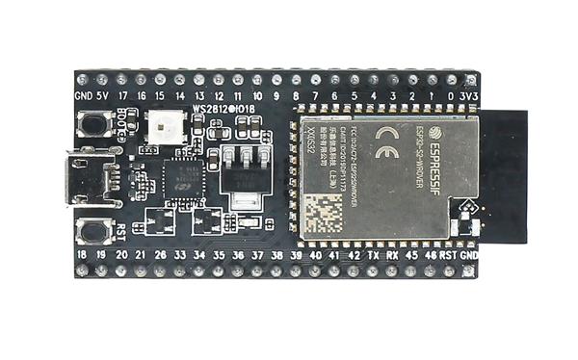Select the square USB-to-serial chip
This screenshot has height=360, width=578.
coord(180,179)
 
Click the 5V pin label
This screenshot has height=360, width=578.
coord(102,96)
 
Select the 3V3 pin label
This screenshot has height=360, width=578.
coord(469,96)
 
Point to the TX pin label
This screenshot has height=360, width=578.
coord(374,257)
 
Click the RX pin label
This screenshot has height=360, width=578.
coord(393,257)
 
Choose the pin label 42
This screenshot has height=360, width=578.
coord(354,257)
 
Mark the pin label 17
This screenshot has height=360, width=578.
coord(122,96)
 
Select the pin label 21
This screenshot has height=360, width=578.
coord(141,257)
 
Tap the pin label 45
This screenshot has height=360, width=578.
coord(412,257)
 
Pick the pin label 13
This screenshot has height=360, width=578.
coord(199,96)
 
